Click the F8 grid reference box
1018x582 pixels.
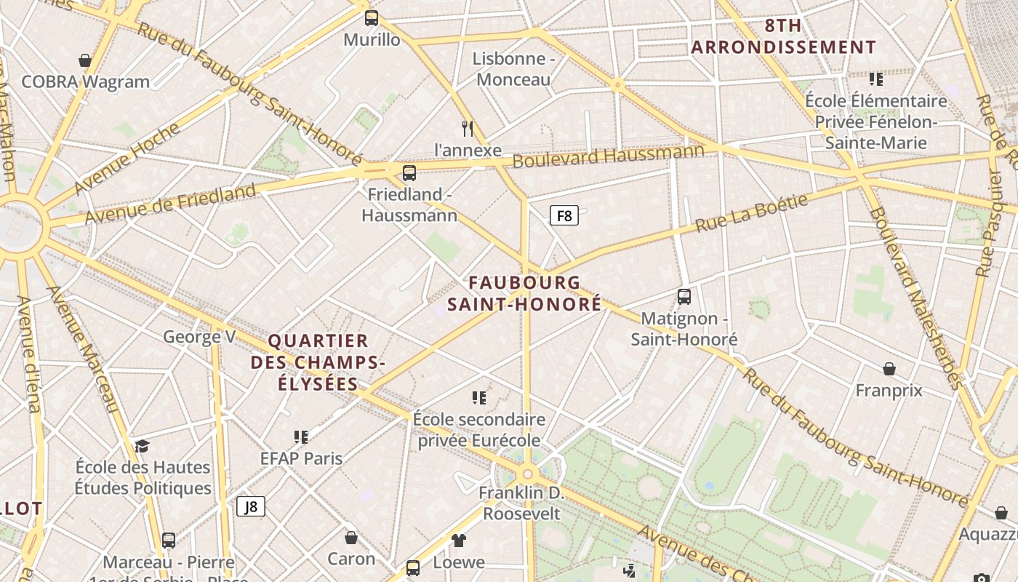tap(564, 215)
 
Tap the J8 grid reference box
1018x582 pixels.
tap(251, 506)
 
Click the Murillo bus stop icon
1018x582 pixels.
tap(372, 18)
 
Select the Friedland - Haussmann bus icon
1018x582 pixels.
tap(409, 173)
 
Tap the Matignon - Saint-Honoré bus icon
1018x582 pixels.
tap(684, 297)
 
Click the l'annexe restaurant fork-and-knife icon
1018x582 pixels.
tap(468, 129)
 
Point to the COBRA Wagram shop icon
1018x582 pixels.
tap(85, 60)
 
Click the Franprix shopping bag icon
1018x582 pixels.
tap(889, 370)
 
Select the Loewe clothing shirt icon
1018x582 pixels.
tap(459, 541)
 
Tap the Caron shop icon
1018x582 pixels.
tap(351, 538)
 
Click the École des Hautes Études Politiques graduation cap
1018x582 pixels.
tap(142, 446)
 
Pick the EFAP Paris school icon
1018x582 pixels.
tap(301, 437)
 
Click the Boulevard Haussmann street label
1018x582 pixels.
tap(609, 155)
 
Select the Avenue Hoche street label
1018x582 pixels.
tap(127, 159)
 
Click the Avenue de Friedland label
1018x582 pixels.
tap(170, 204)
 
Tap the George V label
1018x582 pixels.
tap(199, 337)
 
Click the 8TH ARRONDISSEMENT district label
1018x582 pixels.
tap(783, 36)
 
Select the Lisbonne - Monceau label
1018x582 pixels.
tap(513, 68)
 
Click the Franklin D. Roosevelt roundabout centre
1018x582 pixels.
tap(528, 474)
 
